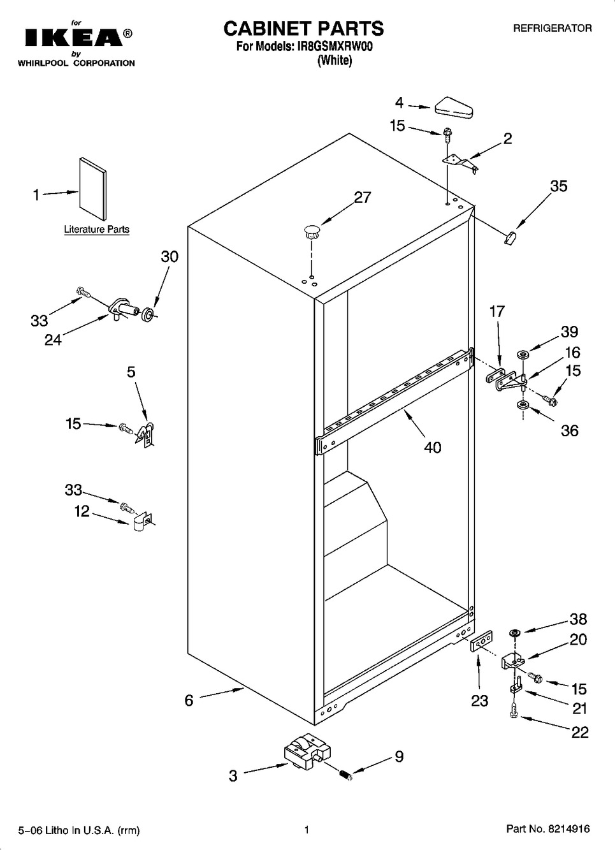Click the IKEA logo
(x=73, y=38)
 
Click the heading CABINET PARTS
(x=303, y=28)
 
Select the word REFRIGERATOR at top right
(x=552, y=28)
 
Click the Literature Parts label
(x=96, y=229)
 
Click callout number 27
(x=362, y=198)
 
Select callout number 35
(x=558, y=186)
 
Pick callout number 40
(x=432, y=448)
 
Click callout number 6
(x=189, y=700)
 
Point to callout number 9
(x=399, y=757)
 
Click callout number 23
(x=479, y=701)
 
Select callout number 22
(x=579, y=732)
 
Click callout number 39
(x=569, y=332)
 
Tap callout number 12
(x=82, y=511)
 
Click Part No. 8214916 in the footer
(x=547, y=830)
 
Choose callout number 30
(x=170, y=256)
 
